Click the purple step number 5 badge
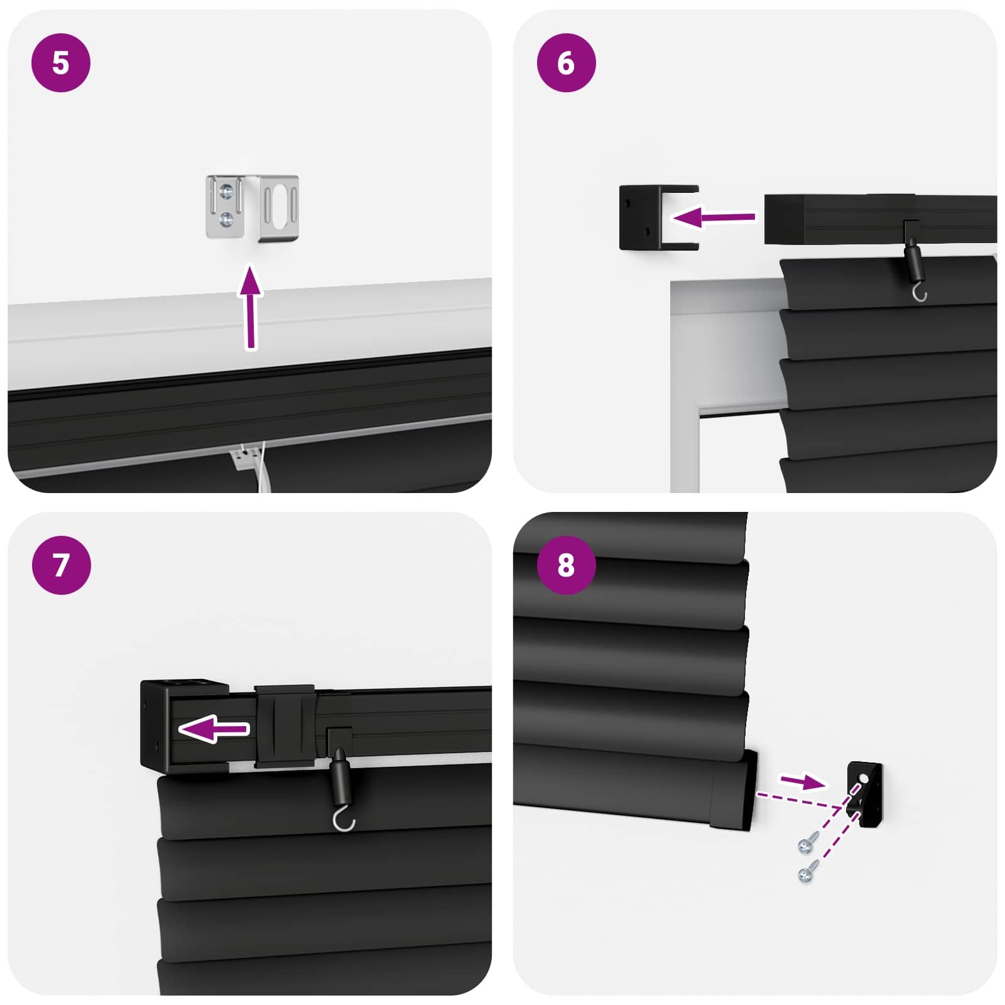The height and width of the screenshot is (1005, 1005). pyautogui.click(x=61, y=63)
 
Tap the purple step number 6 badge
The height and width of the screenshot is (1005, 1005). pyautogui.click(x=566, y=63)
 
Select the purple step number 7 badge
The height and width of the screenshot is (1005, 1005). pyautogui.click(x=61, y=565)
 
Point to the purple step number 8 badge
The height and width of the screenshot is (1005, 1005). pyautogui.click(x=566, y=565)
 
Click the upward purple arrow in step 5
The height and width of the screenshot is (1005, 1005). pyautogui.click(x=251, y=308)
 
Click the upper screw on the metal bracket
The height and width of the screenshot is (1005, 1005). pyautogui.click(x=227, y=191)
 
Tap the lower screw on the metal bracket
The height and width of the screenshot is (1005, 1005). pyautogui.click(x=226, y=219)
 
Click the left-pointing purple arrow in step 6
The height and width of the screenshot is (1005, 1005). pyautogui.click(x=713, y=217)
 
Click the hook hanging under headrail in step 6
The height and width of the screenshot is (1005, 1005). pyautogui.click(x=919, y=292)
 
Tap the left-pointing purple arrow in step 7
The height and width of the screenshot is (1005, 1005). pyautogui.click(x=214, y=729)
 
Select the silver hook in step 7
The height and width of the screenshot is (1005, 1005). pyautogui.click(x=343, y=819)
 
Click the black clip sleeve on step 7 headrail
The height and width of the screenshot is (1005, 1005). pyautogui.click(x=284, y=725)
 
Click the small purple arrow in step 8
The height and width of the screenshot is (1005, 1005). pyautogui.click(x=802, y=781)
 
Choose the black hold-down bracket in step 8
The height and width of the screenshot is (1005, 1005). pyautogui.click(x=866, y=795)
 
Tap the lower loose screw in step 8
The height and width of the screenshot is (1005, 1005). pyautogui.click(x=807, y=872)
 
